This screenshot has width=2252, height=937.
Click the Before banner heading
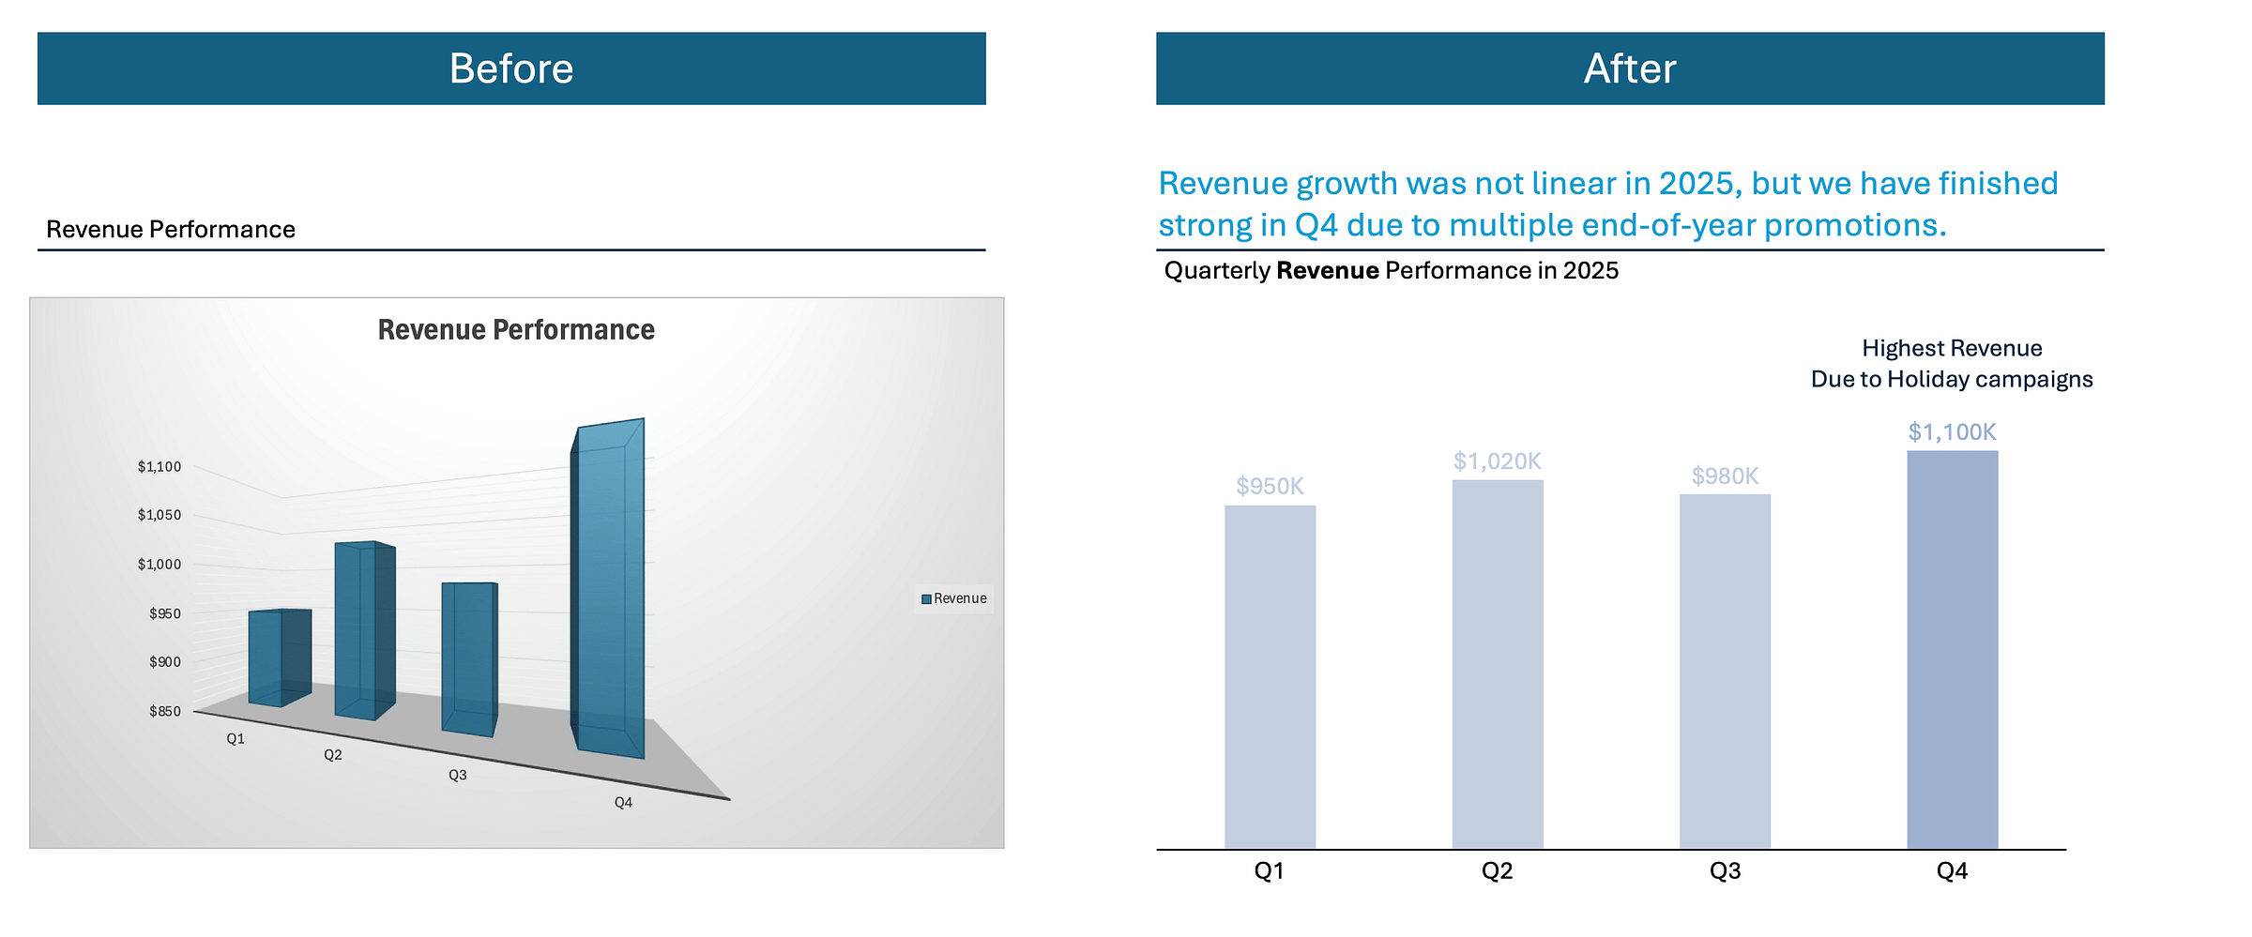pos(511,68)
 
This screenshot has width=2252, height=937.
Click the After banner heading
pos(1630,68)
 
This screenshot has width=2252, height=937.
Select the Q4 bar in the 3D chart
pos(608,591)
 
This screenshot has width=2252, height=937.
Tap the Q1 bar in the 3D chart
pos(279,657)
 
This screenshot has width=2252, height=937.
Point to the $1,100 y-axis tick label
pos(160,466)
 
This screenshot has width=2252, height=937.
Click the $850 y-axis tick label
pos(165,711)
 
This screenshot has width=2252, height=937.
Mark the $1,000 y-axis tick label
pos(160,564)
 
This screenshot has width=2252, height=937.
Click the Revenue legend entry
pos(954,598)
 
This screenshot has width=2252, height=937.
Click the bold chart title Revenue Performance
pos(516,330)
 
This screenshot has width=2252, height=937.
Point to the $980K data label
pos(1725,476)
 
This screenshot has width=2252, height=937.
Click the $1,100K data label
pos(1952,432)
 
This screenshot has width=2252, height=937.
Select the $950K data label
pos(1270,486)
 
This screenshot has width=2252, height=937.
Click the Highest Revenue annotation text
pos(1952,349)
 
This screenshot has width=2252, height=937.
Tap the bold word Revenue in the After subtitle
pos(1327,271)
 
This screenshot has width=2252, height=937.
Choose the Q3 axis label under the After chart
pos(1725,871)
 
